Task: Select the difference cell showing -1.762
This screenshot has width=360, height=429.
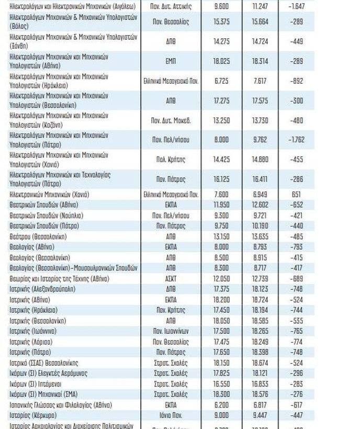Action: tap(296, 140)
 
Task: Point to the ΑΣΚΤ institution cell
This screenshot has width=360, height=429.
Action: tap(171, 278)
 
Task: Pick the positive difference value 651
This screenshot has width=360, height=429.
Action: tap(296, 195)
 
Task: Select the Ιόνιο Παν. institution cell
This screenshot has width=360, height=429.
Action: tap(171, 415)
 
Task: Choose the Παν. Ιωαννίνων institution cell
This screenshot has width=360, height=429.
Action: tap(171, 331)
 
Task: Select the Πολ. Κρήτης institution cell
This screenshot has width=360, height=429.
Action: tap(171, 159)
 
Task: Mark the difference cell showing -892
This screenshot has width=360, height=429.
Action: tap(296, 81)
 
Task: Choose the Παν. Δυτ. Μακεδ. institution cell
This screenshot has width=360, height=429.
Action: tap(171, 120)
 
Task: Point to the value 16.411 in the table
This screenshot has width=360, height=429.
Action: tap(260, 179)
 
